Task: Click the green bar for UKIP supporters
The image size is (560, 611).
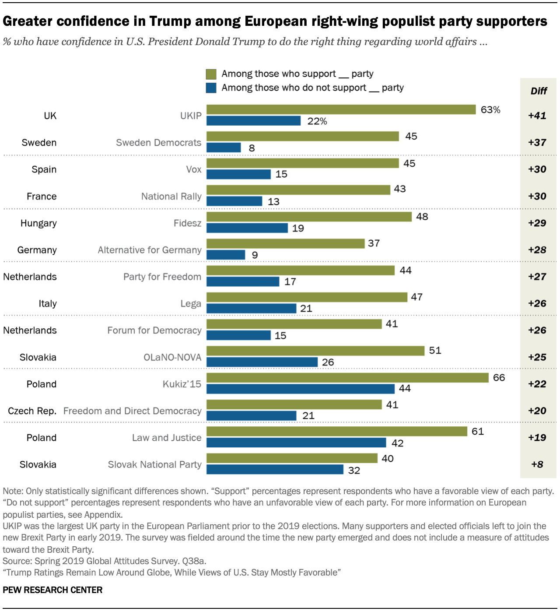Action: [341, 109]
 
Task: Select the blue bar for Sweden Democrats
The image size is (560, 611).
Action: [224, 147]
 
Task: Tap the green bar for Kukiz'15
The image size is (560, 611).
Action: [347, 377]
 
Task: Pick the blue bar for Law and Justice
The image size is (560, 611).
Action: [296, 442]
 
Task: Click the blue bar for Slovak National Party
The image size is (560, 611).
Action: [275, 470]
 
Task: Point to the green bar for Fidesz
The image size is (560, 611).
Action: [309, 217]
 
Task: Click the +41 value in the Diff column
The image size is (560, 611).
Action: [537, 116]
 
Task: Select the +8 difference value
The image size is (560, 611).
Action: [537, 464]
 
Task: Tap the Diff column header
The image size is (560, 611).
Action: [539, 91]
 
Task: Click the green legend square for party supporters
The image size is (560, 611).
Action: [211, 74]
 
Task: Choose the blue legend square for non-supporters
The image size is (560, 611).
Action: [211, 88]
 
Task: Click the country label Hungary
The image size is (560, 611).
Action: [38, 223]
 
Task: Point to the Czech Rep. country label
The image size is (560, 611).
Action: [32, 411]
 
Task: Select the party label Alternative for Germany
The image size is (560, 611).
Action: [150, 250]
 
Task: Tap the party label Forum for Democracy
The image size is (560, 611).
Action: [154, 330]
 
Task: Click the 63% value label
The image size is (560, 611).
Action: [490, 110]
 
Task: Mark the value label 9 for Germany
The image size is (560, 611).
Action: [255, 255]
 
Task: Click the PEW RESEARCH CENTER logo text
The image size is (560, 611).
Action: [52, 590]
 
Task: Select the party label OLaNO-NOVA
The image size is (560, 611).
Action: [172, 357]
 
